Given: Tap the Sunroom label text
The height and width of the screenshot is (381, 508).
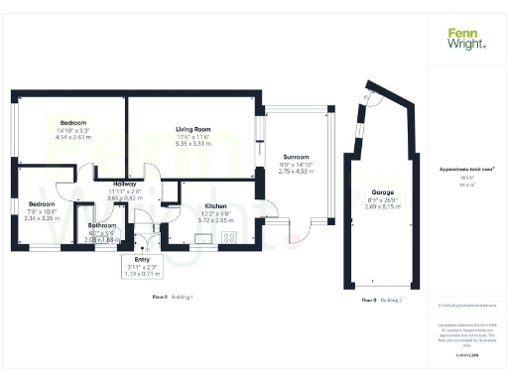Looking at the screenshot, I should [x=297, y=157].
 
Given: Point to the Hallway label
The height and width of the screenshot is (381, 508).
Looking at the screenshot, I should [x=125, y=184].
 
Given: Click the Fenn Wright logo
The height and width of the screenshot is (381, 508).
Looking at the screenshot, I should [x=466, y=39].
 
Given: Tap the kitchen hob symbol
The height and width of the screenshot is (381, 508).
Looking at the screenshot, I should [x=229, y=236].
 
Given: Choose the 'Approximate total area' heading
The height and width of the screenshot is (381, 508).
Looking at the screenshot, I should [x=466, y=170].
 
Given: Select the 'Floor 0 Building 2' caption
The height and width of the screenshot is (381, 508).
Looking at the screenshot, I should [x=382, y=299].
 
